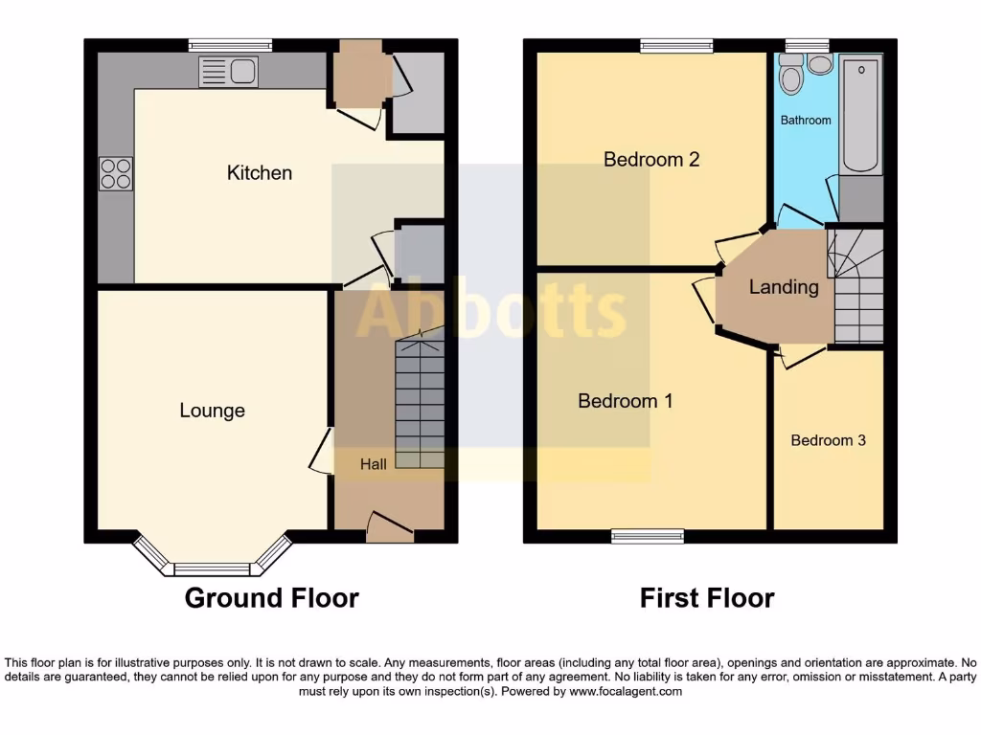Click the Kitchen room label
click(x=260, y=173)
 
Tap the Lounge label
click(x=213, y=411)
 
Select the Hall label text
click(x=374, y=464)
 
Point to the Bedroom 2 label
click(x=651, y=159)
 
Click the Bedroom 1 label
click(x=626, y=401)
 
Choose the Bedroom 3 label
click(x=828, y=440)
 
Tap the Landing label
click(x=784, y=287)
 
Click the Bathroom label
click(x=806, y=121)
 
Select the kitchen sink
click(x=228, y=72)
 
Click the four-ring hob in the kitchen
click(x=116, y=173)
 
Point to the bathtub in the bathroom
click(x=860, y=115)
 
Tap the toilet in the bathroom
click(x=790, y=75)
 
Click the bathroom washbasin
click(x=820, y=64)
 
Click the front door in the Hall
click(x=390, y=527)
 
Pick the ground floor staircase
click(x=420, y=402)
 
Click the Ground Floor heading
click(x=271, y=598)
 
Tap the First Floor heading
click(x=707, y=598)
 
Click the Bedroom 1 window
click(x=648, y=537)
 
